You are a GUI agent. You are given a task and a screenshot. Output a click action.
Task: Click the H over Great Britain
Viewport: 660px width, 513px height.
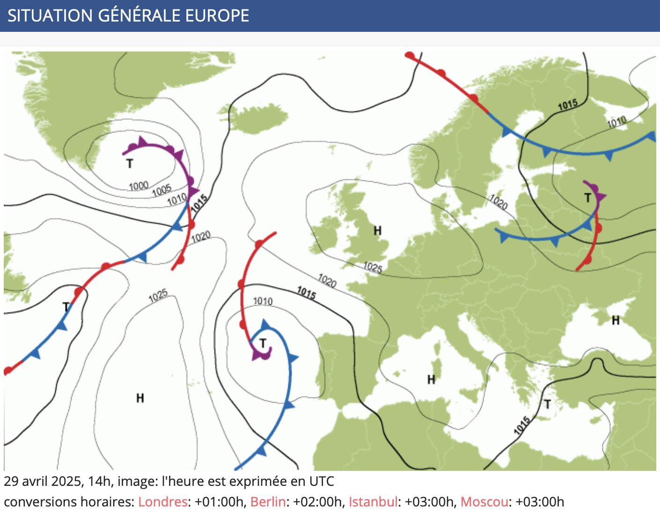[x=378, y=230]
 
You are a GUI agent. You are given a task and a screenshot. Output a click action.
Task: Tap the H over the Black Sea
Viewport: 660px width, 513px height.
[x=616, y=321]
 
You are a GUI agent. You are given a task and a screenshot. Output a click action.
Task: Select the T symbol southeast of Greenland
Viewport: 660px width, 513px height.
[x=130, y=164]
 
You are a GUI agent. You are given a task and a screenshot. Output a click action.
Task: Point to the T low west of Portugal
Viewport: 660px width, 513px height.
[x=263, y=344]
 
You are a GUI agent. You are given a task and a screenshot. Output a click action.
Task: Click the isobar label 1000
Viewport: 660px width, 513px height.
[x=139, y=186]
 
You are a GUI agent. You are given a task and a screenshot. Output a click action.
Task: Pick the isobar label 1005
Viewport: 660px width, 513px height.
[x=161, y=191]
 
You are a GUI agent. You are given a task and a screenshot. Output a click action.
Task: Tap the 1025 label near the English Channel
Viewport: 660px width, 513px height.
[x=373, y=267]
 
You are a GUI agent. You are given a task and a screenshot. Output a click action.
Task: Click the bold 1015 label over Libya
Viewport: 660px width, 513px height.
[x=522, y=425]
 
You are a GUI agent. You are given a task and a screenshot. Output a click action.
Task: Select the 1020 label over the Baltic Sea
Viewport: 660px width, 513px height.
[x=499, y=202]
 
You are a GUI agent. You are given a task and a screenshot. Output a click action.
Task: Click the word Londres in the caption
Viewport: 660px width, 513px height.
[x=162, y=502]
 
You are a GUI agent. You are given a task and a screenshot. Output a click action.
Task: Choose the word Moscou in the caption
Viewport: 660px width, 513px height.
[x=484, y=502]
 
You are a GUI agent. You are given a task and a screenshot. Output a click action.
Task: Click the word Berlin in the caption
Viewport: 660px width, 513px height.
[x=268, y=502]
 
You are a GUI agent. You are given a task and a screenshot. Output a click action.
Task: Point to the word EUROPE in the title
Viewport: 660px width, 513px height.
[x=217, y=15]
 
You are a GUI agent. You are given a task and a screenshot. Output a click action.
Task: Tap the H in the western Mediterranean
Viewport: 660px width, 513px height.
[x=431, y=380]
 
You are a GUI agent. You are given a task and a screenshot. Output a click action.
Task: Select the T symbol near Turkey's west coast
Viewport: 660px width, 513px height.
[x=547, y=404]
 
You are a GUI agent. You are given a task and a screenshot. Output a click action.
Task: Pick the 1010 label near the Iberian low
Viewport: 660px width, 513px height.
[x=263, y=301]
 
